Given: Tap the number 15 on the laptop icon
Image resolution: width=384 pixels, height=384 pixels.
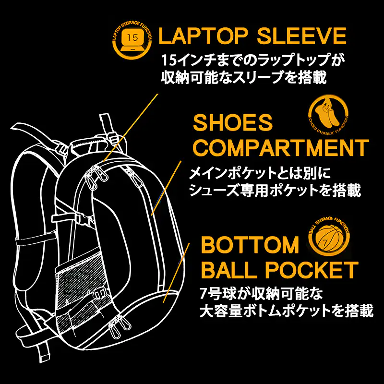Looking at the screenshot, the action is point(132,37).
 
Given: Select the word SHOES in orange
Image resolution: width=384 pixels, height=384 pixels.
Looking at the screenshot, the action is point(233,122).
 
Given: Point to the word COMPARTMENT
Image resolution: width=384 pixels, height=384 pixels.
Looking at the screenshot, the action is point(281,147).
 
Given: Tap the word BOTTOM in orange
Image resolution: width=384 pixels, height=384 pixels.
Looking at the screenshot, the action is point(250,244).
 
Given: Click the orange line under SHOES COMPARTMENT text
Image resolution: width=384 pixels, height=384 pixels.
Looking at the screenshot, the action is point(166,188).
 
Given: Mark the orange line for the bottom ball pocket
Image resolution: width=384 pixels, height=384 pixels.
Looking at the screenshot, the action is point(176,273).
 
